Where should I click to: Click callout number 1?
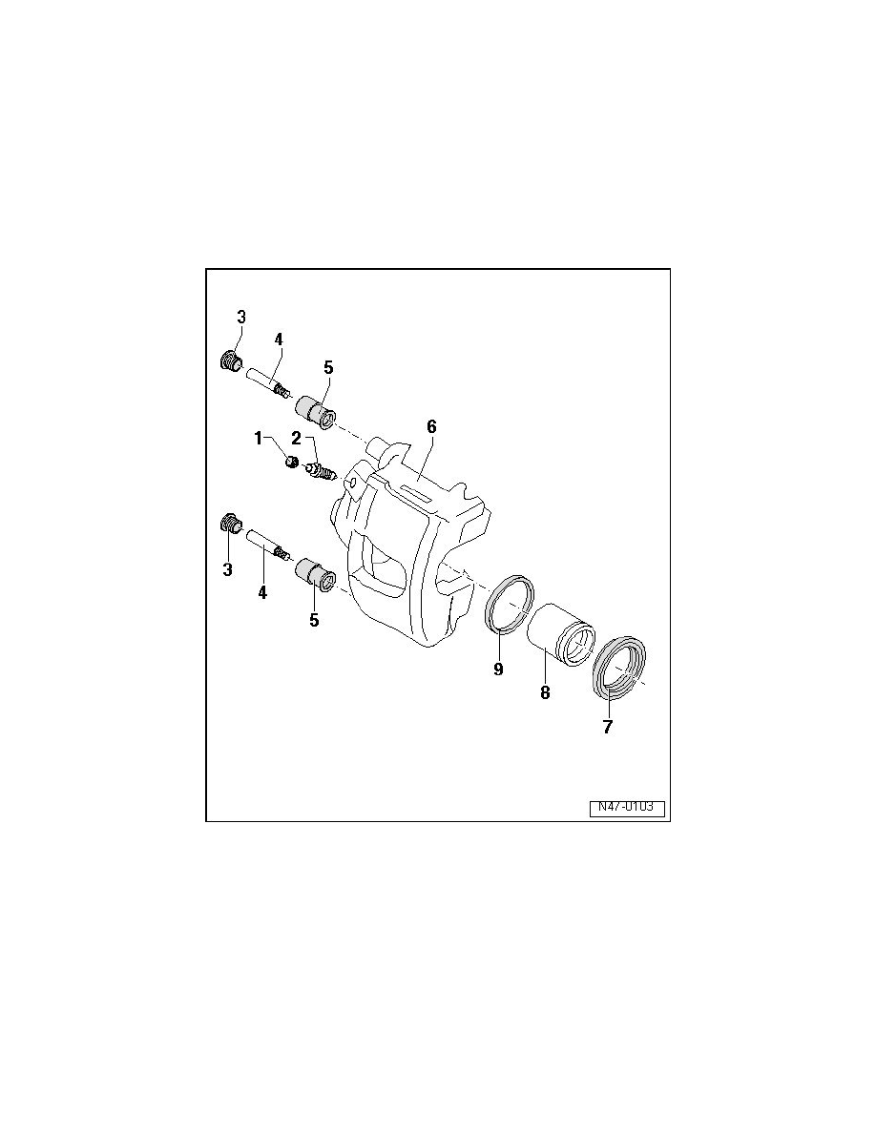[x=258, y=438]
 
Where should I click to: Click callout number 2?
[x=297, y=438]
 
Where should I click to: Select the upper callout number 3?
[x=241, y=317]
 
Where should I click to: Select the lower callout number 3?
[x=228, y=569]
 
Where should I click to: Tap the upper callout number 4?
[x=279, y=339]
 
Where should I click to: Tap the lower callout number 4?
[x=261, y=592]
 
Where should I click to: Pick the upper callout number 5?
[x=328, y=367]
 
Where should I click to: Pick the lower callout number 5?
[x=314, y=620]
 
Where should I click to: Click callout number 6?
[x=431, y=426]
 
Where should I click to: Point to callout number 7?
[x=608, y=726]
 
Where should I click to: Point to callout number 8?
[x=545, y=693]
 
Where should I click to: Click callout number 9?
[x=498, y=669]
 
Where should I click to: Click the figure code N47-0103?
[x=626, y=807]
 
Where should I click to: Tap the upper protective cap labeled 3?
[x=230, y=361]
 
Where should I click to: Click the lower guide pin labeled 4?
[x=267, y=546]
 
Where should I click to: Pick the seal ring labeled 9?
[x=508, y=603]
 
